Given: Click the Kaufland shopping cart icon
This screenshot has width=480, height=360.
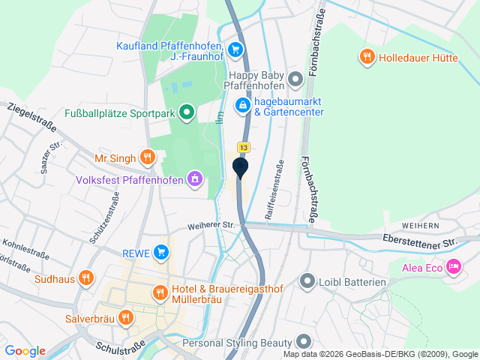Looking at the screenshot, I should (235, 50).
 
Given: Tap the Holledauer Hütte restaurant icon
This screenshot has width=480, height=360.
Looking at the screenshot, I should (367, 56).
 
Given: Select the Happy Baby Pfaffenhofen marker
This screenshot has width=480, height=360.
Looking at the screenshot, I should (295, 78).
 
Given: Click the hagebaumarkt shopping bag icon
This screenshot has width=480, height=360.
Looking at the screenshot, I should (243, 106).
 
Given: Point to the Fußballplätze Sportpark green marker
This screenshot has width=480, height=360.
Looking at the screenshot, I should (186, 113).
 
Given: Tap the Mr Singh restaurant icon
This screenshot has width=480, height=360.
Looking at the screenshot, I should (147, 157).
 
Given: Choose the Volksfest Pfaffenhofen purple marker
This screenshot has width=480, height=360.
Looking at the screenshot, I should (195, 179).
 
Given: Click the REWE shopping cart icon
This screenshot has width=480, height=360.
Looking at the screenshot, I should (160, 252).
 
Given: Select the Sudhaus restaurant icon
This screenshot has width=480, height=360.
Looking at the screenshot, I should (86, 279).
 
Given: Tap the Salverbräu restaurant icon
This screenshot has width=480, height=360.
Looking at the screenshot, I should (125, 317).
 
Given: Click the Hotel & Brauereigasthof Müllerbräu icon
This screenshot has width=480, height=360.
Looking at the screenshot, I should (159, 293).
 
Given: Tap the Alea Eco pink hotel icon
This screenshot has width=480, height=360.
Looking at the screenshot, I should (453, 266).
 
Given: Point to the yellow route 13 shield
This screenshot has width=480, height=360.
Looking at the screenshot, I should (244, 147).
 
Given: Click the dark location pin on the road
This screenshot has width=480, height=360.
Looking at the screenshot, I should (240, 167).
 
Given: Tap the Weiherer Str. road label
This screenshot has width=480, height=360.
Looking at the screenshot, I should (211, 224).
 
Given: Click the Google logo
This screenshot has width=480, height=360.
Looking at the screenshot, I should (25, 350).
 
